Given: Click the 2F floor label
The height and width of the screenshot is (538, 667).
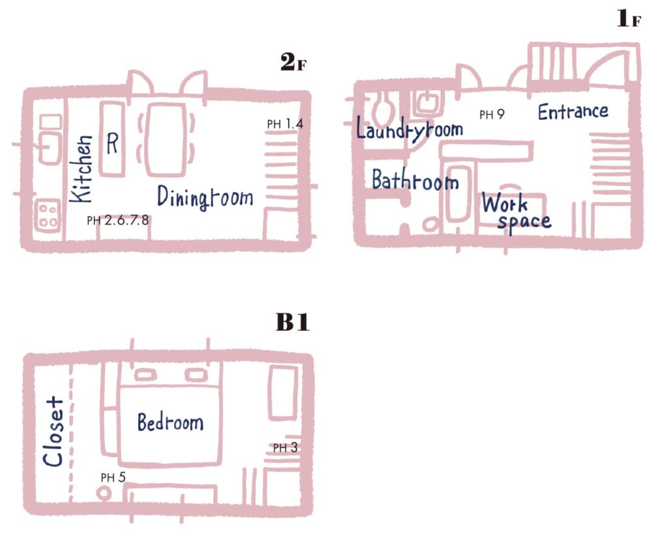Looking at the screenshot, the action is point(293,62).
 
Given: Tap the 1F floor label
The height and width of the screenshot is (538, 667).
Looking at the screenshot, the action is point(629,19).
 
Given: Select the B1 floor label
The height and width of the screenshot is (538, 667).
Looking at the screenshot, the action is point(292,322).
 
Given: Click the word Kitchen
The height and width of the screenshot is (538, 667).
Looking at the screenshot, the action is point(81,169).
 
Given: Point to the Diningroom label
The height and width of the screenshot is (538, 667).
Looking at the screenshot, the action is point(205,197).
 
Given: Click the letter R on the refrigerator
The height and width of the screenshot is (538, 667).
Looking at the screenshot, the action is point(112,143).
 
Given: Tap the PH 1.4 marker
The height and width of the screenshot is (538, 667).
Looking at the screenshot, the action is point(285,124).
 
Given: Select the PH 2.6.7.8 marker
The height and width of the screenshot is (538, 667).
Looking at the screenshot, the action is point(118,220).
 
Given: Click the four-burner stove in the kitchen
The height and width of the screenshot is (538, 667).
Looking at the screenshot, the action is point(47,216).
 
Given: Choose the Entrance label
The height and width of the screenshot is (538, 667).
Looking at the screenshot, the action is point(573,112).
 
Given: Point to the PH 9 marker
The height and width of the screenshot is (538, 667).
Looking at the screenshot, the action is point(492,115).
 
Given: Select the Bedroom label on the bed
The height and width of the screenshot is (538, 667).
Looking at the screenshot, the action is point(170,422).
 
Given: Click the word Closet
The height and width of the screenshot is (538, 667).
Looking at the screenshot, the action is point(54,432).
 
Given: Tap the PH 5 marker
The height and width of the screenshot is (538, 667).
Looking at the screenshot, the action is point(113,477).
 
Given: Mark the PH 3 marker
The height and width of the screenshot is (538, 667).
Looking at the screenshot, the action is point(285,448).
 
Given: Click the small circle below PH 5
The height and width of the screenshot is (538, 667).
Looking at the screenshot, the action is point(104,494).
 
